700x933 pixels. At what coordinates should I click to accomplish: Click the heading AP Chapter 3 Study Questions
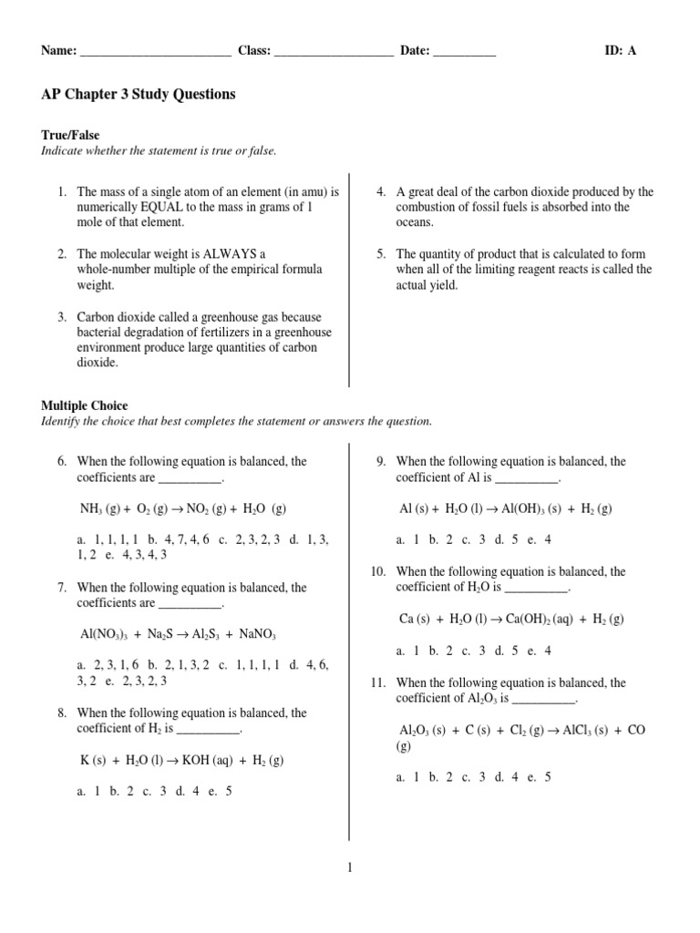tap(138, 95)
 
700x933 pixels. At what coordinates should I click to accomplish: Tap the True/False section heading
tap(70, 135)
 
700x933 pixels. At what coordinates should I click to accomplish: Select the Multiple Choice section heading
tap(85, 405)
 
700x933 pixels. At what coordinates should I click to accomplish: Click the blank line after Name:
tap(156, 52)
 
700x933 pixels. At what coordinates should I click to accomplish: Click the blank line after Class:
tap(334, 52)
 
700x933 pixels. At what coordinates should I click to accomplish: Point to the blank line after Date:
tap(465, 52)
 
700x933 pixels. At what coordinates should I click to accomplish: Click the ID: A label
tap(621, 51)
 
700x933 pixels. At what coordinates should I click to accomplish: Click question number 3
tap(61, 317)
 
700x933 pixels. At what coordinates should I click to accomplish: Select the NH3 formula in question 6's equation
tap(94, 508)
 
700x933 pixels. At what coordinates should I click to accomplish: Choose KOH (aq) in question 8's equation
tap(207, 759)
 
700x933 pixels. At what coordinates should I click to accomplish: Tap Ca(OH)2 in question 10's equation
tap(526, 619)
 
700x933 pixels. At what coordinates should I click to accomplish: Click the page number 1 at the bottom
tap(349, 868)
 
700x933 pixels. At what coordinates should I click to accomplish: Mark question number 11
tap(379, 682)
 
